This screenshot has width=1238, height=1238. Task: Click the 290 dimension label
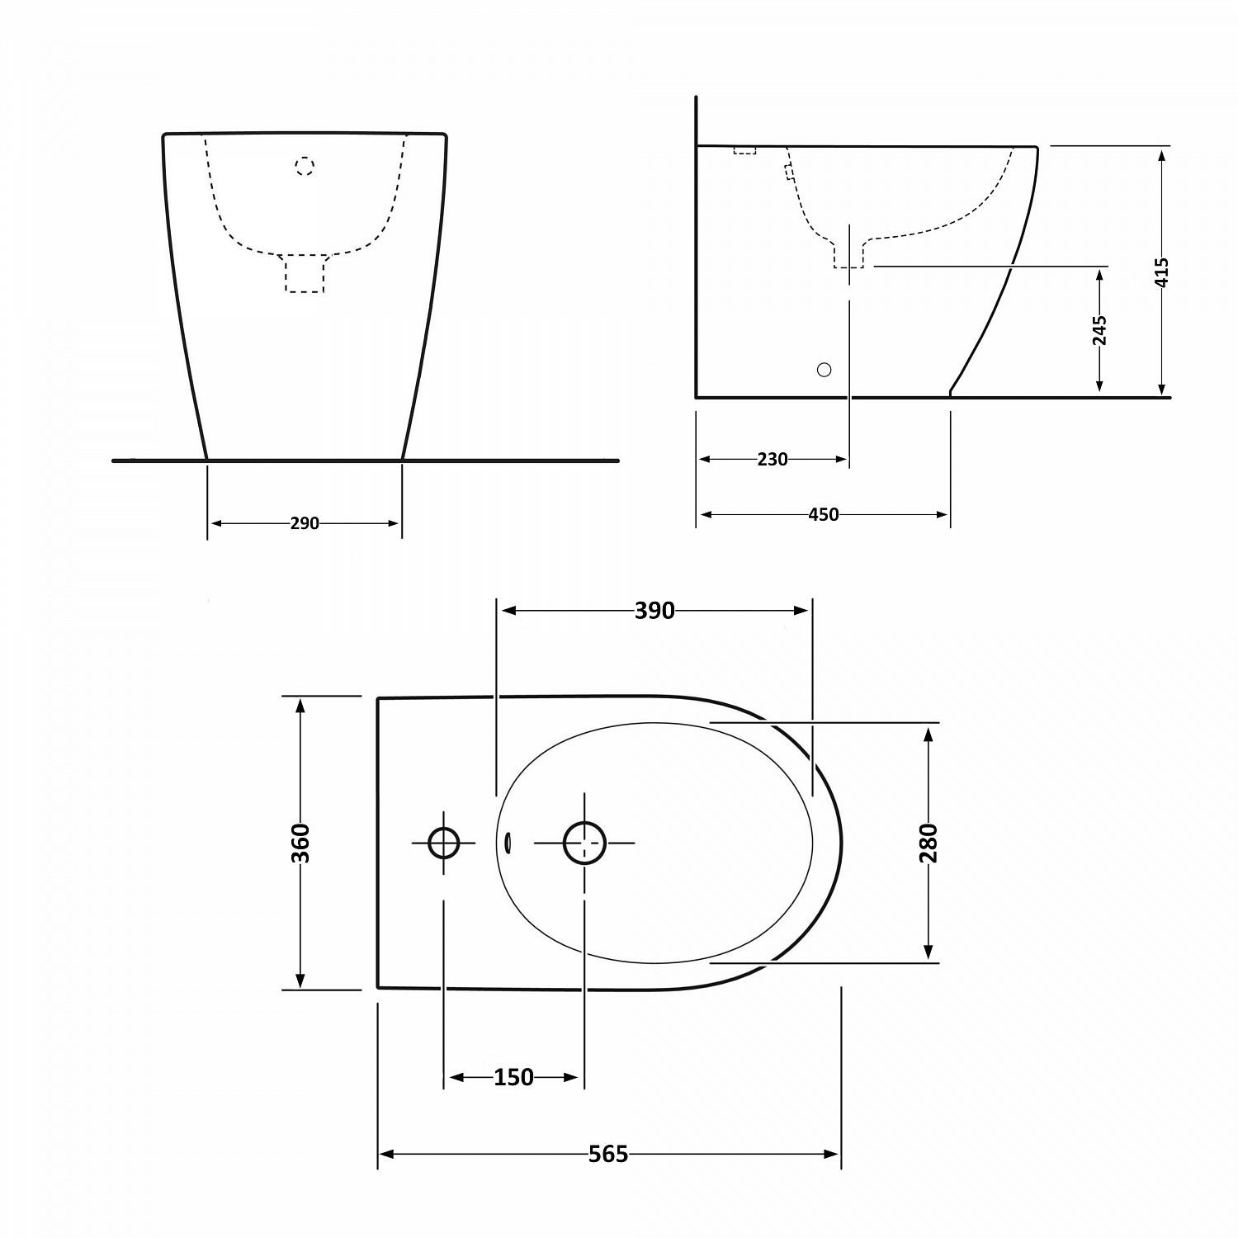tap(305, 523)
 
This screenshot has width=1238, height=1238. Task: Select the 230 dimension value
tap(773, 460)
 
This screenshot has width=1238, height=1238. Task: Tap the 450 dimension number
tap(823, 515)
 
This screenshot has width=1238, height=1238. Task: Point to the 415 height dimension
tap(1161, 272)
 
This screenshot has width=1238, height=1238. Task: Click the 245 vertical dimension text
tap(1099, 329)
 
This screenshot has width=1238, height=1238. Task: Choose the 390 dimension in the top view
tap(654, 611)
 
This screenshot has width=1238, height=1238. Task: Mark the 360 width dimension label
tap(301, 843)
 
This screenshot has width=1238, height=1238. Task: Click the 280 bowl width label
tap(929, 843)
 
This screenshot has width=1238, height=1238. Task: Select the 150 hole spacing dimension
tap(513, 1077)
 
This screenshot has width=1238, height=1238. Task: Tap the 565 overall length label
tap(608, 1154)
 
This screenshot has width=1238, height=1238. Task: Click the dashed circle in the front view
tap(305, 167)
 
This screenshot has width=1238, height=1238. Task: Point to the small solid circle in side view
tap(824, 370)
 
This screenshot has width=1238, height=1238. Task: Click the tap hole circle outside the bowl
tap(444, 843)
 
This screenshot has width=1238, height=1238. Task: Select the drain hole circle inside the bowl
tap(584, 843)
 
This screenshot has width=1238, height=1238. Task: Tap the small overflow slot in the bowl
tap(508, 842)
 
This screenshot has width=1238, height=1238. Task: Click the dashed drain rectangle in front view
tap(305, 274)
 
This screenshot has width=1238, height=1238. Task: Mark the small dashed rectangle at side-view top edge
tap(744, 150)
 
